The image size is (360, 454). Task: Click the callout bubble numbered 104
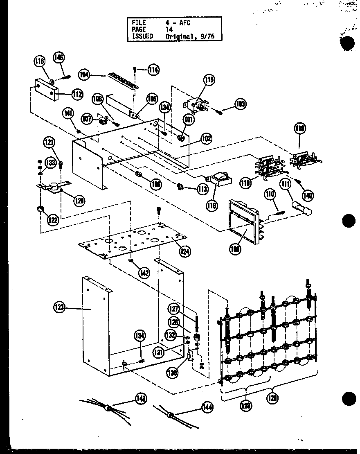click(x=84, y=74)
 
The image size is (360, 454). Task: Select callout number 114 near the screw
click(x=153, y=70)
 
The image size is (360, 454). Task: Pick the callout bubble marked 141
click(x=68, y=113)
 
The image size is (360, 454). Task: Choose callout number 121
click(x=49, y=142)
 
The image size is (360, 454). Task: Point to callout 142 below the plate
click(x=144, y=273)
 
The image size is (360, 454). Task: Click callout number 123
click(x=59, y=307)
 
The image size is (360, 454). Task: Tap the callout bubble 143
click(x=142, y=398)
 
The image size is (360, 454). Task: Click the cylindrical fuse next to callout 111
click(x=302, y=208)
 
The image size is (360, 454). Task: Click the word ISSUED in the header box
click(x=142, y=36)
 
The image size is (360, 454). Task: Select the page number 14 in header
click(x=169, y=29)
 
